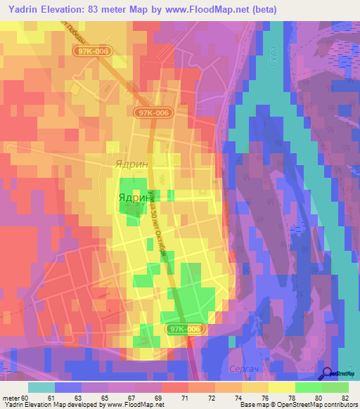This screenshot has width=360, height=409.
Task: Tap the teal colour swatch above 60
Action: (41, 387)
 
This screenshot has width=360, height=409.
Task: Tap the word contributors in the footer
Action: (342, 405)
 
